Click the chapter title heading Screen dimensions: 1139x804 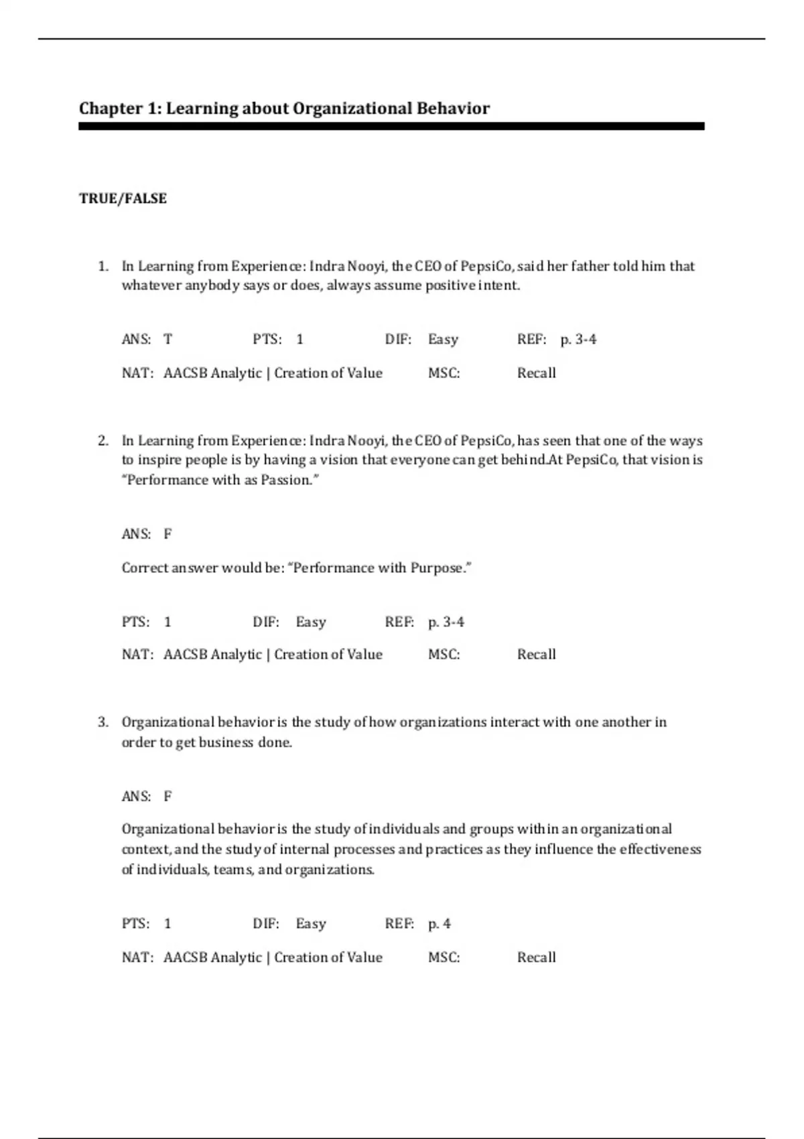[x=284, y=109]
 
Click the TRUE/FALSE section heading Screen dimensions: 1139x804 [x=123, y=198]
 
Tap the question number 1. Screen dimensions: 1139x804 [x=103, y=267]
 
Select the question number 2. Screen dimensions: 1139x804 [x=103, y=441]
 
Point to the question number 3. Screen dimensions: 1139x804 [x=103, y=722]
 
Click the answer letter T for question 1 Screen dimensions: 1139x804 [x=167, y=340]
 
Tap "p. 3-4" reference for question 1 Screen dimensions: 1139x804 [x=578, y=340]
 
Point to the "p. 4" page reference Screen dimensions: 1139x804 [x=440, y=924]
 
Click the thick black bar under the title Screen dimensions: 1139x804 [x=391, y=126]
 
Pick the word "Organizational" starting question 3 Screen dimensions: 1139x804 [x=167, y=722]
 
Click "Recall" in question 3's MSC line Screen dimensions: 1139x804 [x=536, y=957]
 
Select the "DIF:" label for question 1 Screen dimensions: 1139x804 [x=398, y=340]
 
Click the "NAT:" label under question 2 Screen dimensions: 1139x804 [x=137, y=655]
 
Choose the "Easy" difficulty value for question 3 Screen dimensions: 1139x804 [x=311, y=924]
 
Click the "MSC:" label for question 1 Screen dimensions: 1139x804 [x=444, y=373]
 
